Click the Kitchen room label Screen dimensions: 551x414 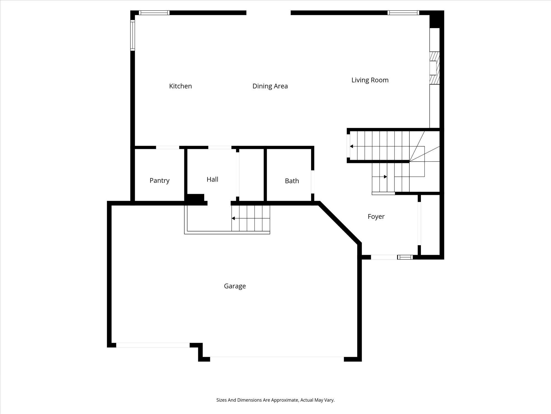coord(180,86)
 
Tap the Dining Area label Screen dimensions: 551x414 coord(270,86)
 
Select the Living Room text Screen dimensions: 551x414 coord(370,80)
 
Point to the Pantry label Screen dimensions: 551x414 coord(160,181)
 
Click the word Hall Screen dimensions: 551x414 coord(212,179)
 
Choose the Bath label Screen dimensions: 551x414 coord(292,181)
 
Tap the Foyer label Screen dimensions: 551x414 coord(376,217)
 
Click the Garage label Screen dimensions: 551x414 coord(235,286)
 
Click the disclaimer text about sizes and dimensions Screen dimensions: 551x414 coord(275,400)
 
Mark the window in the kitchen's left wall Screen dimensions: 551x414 coord(133,35)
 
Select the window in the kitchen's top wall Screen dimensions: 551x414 coord(154,13)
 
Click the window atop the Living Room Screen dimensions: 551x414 coord(403,13)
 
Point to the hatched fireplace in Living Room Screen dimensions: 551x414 coord(434,68)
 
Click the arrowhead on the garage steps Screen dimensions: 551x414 coord(233,218)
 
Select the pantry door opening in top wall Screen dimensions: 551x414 coord(168,147)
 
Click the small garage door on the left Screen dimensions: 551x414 coord(153,345)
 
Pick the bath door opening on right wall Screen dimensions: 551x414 coord(313,182)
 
